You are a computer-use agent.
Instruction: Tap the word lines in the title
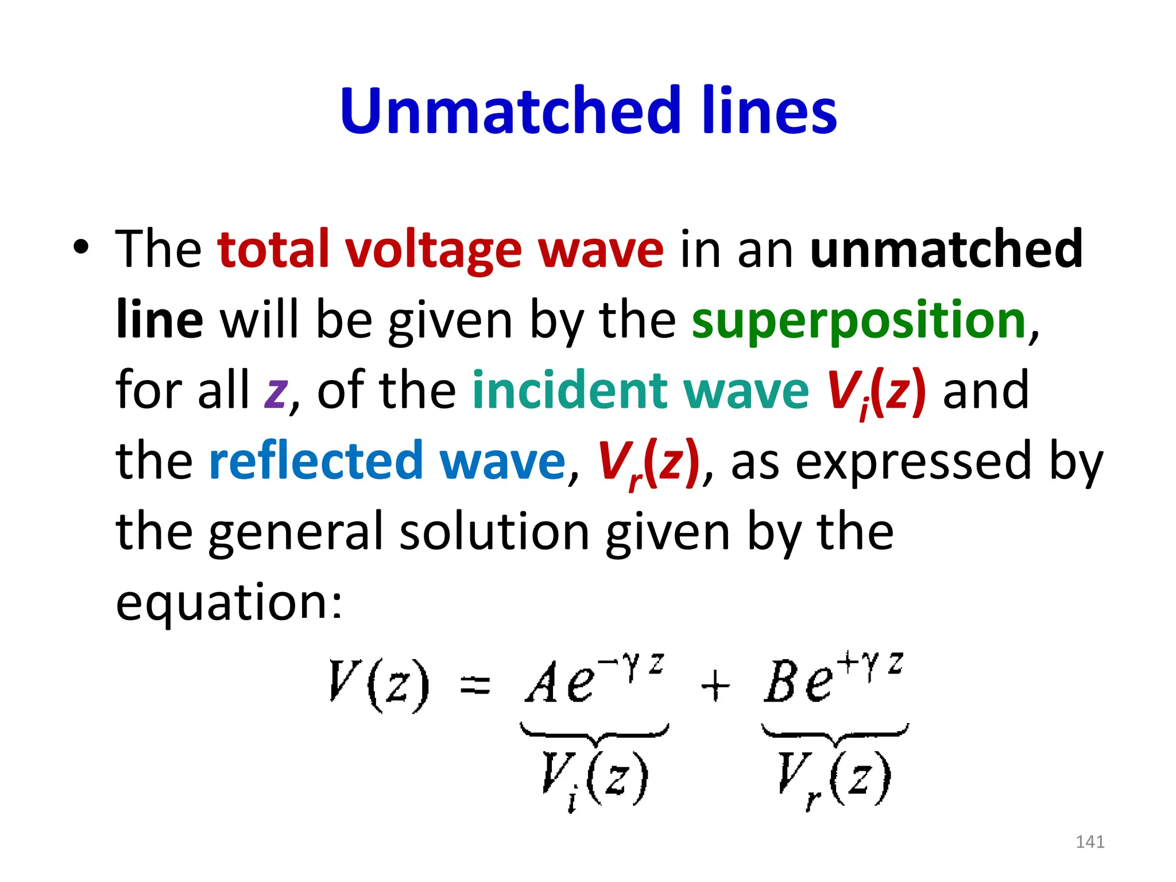pos(769,110)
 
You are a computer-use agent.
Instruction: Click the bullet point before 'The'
pos(81,248)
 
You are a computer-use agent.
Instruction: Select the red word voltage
pos(434,250)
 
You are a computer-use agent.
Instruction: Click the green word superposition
pos(859,320)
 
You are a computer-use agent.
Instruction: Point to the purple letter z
pos(276,392)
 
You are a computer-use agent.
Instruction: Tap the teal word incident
pos(568,390)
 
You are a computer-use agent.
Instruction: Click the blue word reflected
pos(316,461)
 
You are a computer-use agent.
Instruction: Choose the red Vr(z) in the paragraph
pos(648,462)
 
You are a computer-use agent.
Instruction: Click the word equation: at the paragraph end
pos(229,603)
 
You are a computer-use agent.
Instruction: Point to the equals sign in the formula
pos(475,686)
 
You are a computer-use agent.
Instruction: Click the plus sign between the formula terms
pos(715,686)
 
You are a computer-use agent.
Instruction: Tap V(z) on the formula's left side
pos(379,684)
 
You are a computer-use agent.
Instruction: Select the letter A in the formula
pos(543,683)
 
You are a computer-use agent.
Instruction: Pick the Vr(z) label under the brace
pos(834,779)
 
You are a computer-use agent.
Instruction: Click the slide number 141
pos(1090,842)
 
